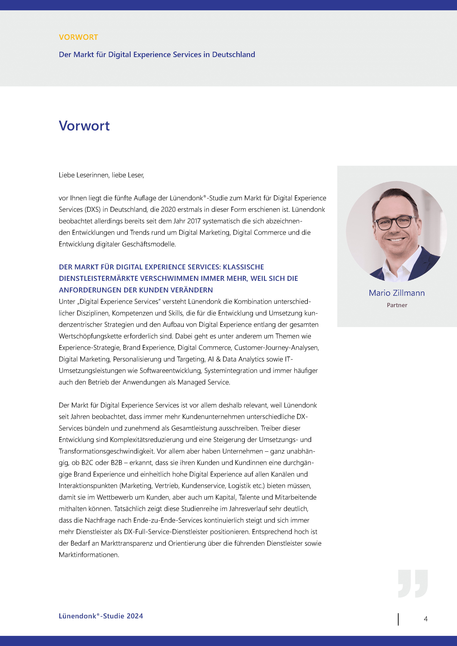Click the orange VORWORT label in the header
tap(78, 37)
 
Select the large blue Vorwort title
tap(84, 126)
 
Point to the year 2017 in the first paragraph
tap(194, 221)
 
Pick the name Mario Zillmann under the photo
tap(397, 293)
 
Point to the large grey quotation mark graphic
tap(413, 584)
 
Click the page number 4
tap(426, 619)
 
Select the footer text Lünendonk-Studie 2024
tap(101, 616)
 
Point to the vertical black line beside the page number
tap(398, 619)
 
